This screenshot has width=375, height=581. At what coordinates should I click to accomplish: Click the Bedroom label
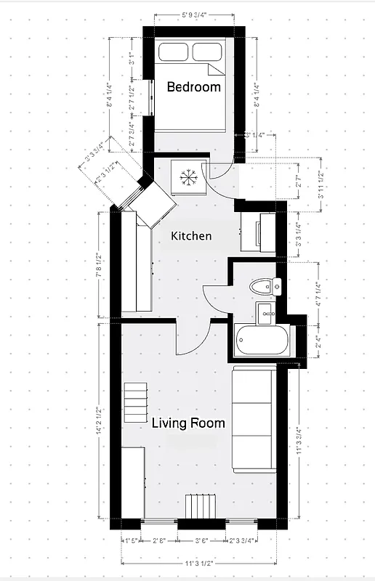point(193,87)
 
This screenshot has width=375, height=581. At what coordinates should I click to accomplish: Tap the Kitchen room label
point(191,236)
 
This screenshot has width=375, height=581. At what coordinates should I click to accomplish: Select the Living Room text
point(187,423)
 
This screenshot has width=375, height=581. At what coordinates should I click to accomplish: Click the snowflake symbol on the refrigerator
point(188,176)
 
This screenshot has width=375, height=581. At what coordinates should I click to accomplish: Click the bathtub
point(262,340)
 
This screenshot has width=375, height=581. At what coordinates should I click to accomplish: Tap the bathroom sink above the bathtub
point(265,312)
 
